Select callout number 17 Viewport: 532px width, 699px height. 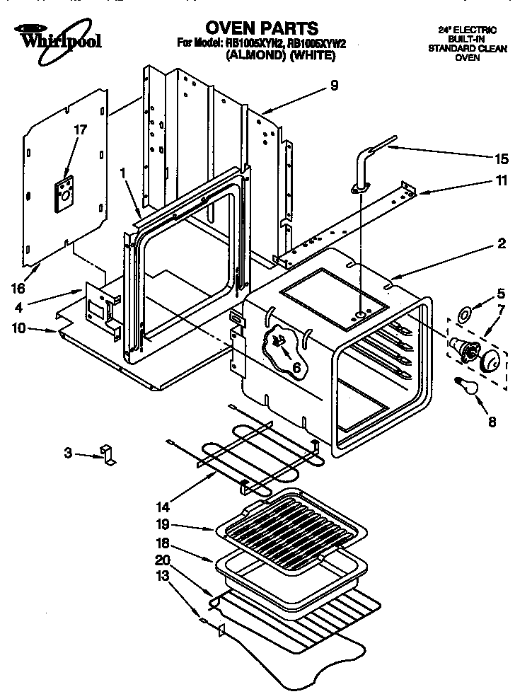tap(81, 130)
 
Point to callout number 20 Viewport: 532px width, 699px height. tap(163, 560)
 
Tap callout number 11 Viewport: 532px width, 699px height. tap(501, 180)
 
